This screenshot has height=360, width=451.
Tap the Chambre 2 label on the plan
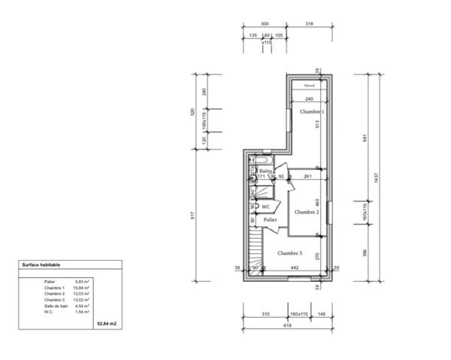tap(307, 212)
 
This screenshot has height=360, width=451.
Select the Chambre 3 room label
tap(289, 253)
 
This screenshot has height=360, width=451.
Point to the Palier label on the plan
tap(271, 219)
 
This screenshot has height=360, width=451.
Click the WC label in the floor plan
tap(265, 205)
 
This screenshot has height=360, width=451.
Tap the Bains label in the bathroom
tap(265, 171)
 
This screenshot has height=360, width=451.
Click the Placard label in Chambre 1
tap(309, 86)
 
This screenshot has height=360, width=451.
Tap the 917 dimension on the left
tap(194, 213)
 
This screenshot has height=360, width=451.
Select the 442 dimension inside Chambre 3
tap(295, 268)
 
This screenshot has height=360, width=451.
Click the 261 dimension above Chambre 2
tap(307, 177)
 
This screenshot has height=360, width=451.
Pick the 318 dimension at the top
tap(309, 23)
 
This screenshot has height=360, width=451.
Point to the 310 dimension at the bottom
tap(265, 313)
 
